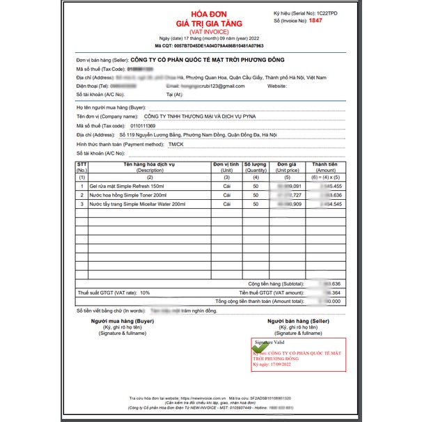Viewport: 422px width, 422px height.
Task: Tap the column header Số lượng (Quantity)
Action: (x=256, y=167)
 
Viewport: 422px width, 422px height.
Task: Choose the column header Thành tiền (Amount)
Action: (x=325, y=167)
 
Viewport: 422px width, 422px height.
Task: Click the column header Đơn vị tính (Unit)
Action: (x=226, y=167)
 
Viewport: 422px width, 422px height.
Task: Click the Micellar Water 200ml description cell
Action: (x=137, y=204)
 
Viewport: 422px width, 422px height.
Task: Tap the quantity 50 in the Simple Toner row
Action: (x=256, y=196)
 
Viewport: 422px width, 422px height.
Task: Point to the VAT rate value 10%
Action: (x=145, y=293)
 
